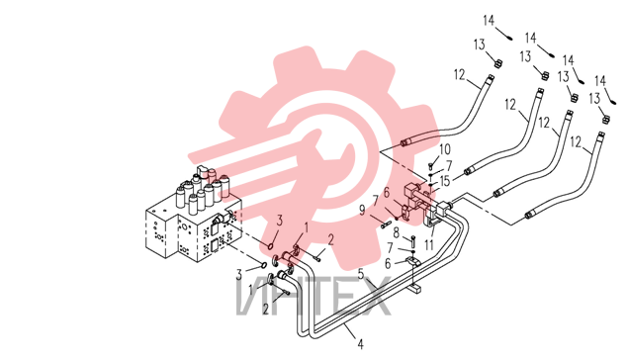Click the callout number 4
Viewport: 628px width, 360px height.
360,344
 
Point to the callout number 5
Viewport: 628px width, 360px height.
361,275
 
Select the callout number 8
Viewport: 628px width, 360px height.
397,232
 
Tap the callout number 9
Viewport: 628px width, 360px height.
363,211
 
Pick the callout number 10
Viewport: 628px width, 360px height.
445,149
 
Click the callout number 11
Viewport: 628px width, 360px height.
429,245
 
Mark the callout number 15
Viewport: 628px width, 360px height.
445,181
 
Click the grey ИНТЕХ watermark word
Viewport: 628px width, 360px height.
314,297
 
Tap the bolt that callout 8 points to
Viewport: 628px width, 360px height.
413,241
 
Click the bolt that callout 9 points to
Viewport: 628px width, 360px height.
387,224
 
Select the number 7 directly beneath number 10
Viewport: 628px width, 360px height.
449,166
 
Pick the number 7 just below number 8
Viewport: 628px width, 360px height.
390,248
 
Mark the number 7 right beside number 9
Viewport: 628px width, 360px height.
376,201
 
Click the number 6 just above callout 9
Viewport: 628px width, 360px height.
386,193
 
